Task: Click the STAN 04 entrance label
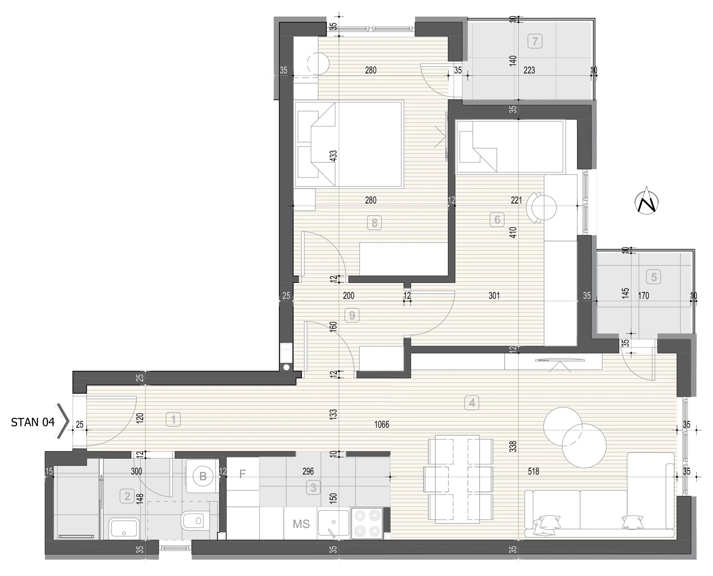click(x=33, y=422)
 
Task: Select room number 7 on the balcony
click(x=535, y=41)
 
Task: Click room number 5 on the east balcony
click(x=654, y=277)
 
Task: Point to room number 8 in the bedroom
click(x=374, y=223)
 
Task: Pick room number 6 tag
click(x=497, y=220)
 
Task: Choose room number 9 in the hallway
click(x=352, y=315)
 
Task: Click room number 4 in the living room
click(x=472, y=403)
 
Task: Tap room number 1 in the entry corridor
click(x=173, y=419)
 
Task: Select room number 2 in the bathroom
click(x=127, y=496)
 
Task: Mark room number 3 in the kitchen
click(x=313, y=487)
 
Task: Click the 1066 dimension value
click(x=382, y=424)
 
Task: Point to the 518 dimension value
click(x=534, y=471)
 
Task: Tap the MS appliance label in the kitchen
click(x=301, y=524)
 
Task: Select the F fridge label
click(x=242, y=474)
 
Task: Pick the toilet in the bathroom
click(x=196, y=520)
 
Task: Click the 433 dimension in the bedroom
click(x=333, y=156)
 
